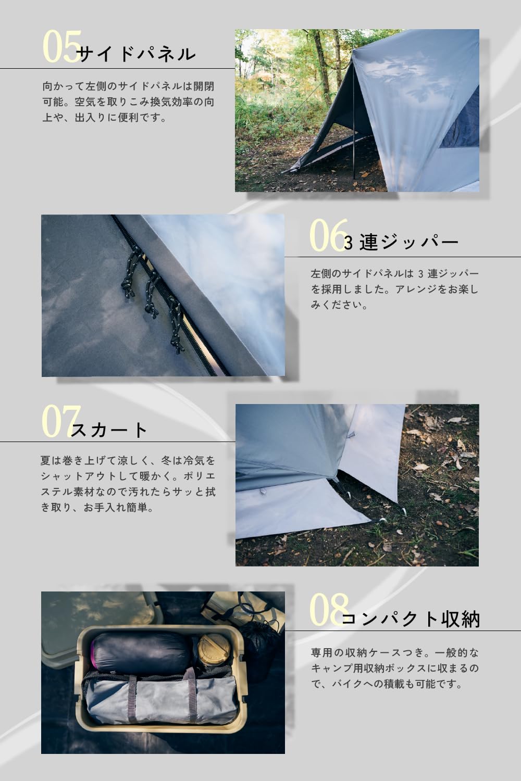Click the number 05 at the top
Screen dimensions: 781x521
coord(60,47)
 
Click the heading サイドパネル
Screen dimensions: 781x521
coord(137,54)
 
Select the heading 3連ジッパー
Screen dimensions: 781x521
coord(401,242)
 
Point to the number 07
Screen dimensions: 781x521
coord(60,421)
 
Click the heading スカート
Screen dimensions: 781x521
coord(110,430)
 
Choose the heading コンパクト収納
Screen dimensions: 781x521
coord(411,619)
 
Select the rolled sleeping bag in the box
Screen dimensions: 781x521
coord(141,651)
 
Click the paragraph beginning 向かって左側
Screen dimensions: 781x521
coord(128,102)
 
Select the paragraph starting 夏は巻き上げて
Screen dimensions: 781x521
coord(128,484)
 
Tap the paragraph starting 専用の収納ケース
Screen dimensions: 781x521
coord(395,669)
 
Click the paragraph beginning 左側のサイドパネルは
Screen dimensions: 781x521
coord(395,289)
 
